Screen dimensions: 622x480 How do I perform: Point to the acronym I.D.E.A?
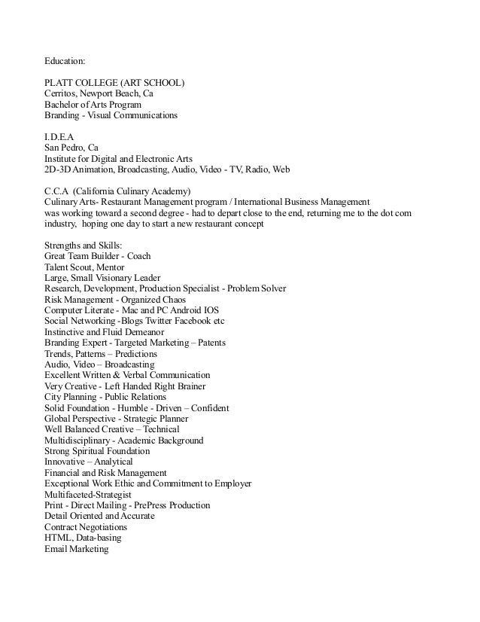(x=59, y=137)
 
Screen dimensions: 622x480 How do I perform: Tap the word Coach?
(x=139, y=256)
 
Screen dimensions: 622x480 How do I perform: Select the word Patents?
(x=217, y=343)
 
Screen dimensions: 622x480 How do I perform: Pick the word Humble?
(x=125, y=408)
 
